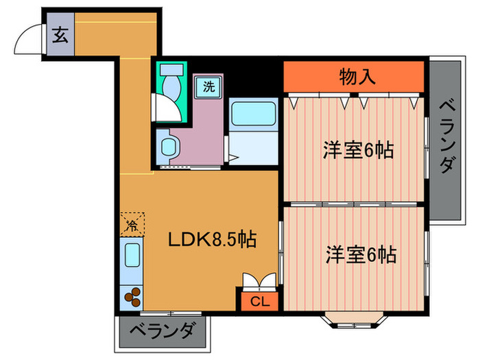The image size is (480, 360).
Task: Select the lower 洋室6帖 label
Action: point(360,255)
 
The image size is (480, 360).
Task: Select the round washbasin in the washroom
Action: point(168,147)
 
